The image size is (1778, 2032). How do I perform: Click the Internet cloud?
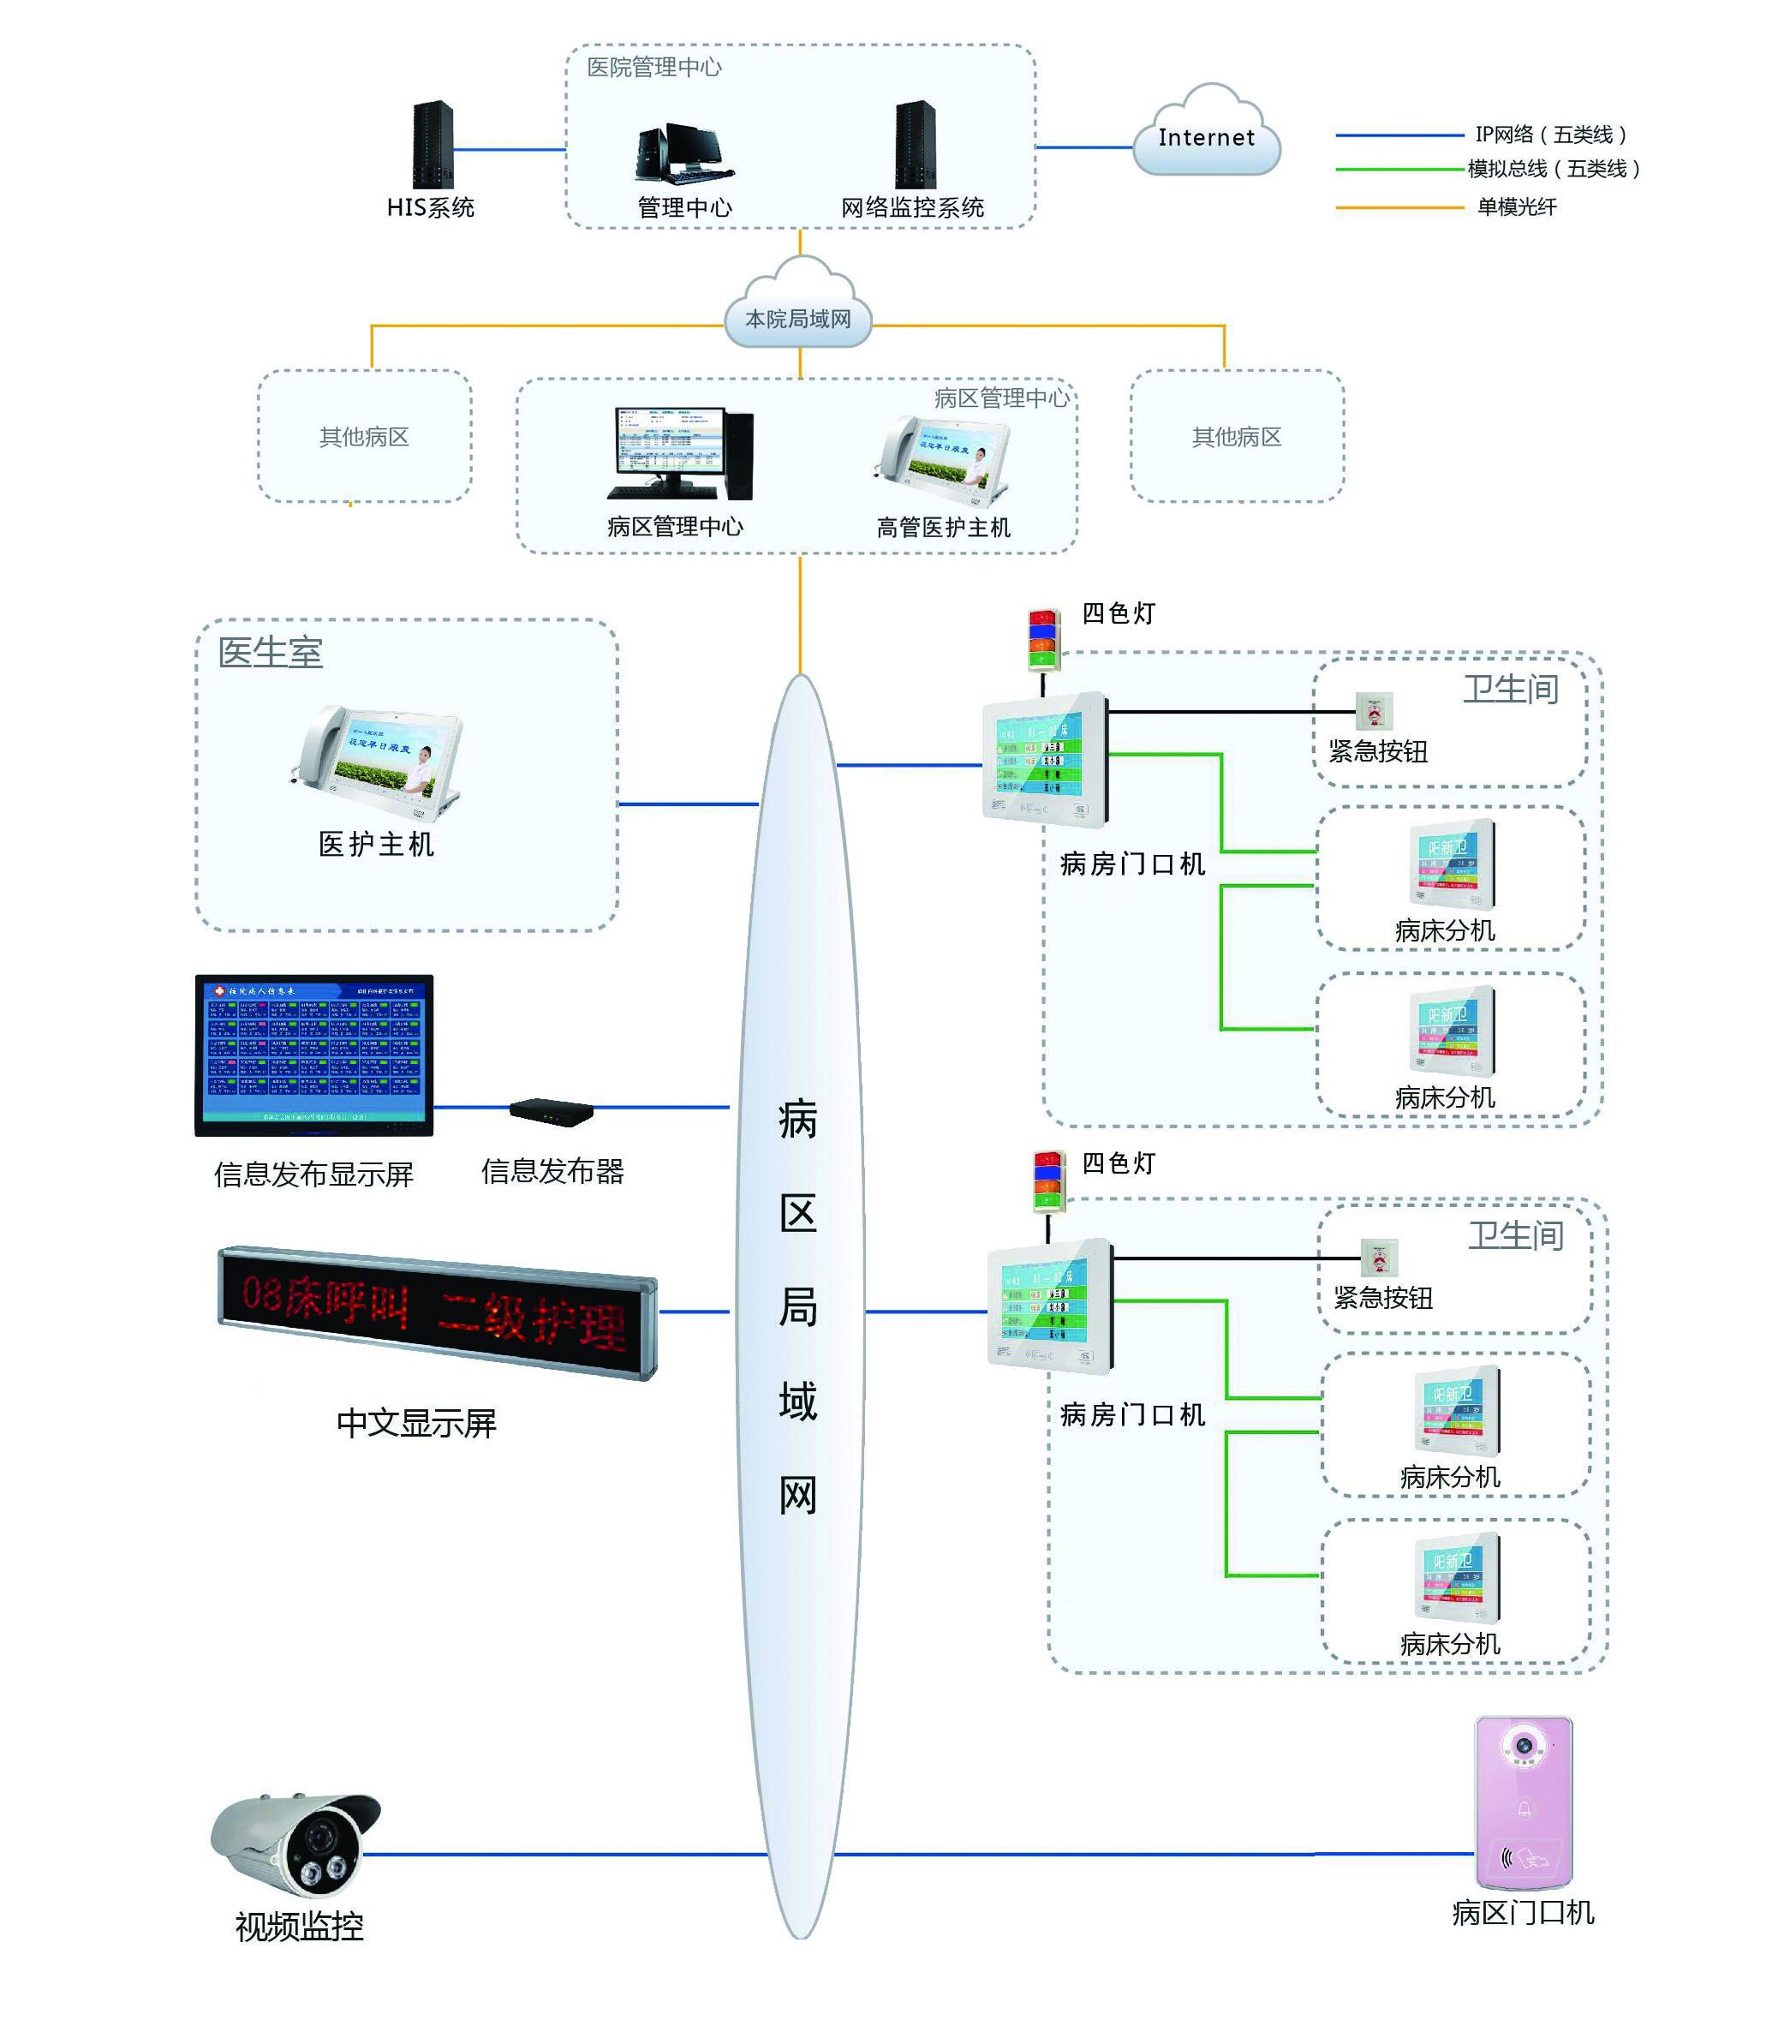1206,134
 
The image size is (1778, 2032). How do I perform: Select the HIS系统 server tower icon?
433,145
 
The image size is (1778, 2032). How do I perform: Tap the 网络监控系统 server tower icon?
915,145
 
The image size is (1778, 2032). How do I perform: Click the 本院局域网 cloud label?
799,319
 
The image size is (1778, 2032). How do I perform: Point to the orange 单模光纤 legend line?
1399,207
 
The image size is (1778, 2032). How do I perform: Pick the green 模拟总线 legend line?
1399,170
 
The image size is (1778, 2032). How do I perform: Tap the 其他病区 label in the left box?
364,437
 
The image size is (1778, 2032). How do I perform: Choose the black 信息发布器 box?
552,1112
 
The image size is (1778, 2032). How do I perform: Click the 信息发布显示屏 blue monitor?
314,1055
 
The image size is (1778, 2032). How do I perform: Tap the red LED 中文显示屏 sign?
437,1312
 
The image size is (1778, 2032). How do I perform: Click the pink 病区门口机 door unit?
1523,1801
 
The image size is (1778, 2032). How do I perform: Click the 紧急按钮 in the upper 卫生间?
1374,710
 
